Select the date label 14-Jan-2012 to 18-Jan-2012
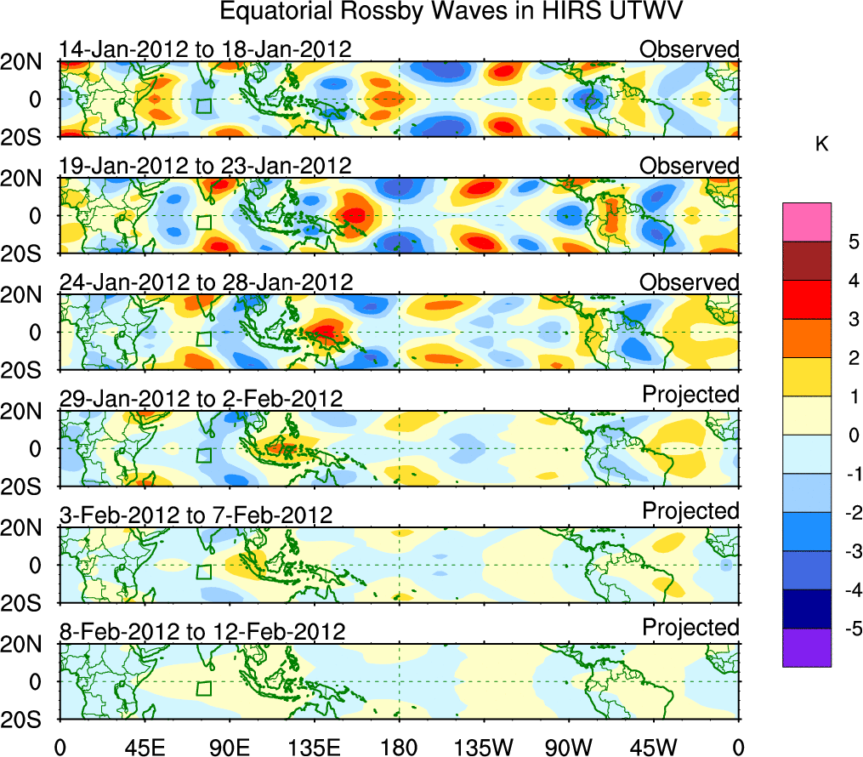point(205,49)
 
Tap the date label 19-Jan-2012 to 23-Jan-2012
point(205,166)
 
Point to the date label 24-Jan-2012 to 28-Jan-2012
point(205,282)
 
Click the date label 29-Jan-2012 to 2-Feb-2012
point(201,399)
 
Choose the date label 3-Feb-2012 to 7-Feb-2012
point(196,515)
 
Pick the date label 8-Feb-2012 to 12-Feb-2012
point(202,632)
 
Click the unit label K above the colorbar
point(821,145)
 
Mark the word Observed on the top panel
point(689,49)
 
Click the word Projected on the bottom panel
point(690,628)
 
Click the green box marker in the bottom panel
point(203,688)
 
